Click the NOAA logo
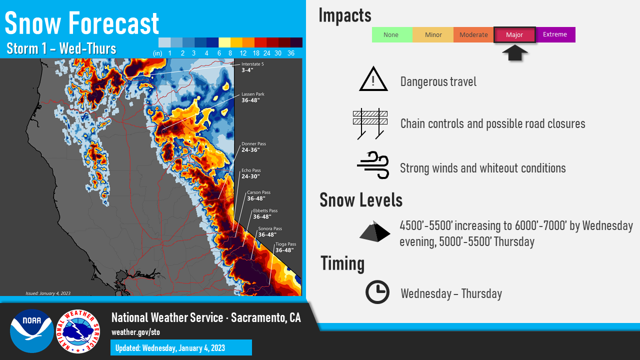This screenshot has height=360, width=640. (31, 331)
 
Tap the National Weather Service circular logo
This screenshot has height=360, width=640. (78, 331)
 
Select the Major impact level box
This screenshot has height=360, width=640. (514, 35)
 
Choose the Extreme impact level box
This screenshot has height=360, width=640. (555, 34)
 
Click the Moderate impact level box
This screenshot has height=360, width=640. (473, 35)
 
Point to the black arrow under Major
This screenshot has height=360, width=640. (515, 53)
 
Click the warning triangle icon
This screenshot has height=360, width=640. (373, 79)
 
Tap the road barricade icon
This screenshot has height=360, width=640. (370, 123)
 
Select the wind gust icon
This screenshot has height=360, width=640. (373, 165)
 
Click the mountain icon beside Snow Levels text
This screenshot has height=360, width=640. (374, 231)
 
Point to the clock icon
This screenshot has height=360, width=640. (377, 292)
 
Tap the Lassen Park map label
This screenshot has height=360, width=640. (253, 97)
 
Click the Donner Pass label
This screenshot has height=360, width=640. (253, 147)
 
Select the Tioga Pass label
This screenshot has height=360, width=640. (285, 247)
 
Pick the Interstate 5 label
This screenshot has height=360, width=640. (252, 67)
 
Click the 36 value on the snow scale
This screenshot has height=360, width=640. (291, 53)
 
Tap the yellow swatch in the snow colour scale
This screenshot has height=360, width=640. (224, 42)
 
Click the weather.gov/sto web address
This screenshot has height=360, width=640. (135, 332)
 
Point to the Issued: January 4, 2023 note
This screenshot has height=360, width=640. (48, 293)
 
